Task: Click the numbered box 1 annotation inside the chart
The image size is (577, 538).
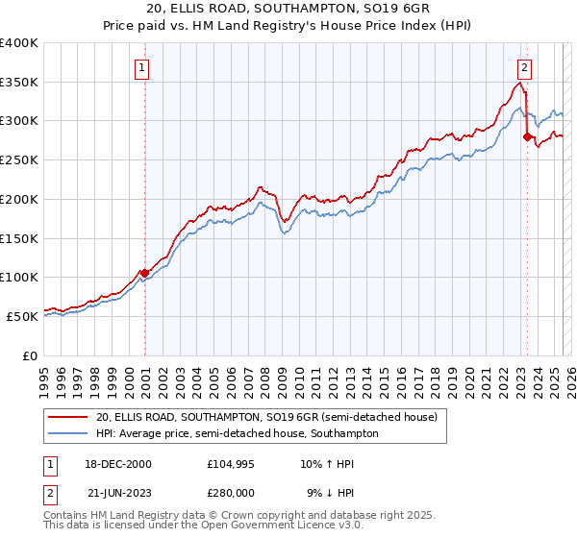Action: [x=141, y=67]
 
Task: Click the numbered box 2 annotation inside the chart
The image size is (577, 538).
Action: [x=525, y=67]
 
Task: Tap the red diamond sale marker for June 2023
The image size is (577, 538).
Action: [x=527, y=136]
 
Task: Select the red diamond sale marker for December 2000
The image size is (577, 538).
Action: [x=145, y=273]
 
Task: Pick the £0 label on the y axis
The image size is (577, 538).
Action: [x=31, y=355]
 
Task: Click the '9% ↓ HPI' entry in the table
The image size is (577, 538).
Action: [x=331, y=494]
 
